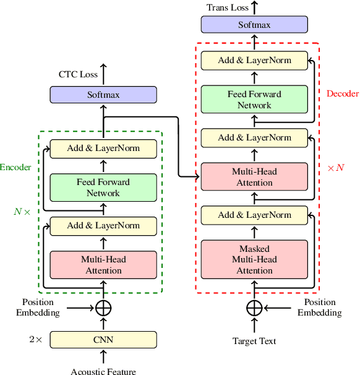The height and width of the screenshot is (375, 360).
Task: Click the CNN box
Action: (103, 339)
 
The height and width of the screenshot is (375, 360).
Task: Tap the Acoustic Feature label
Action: (103, 371)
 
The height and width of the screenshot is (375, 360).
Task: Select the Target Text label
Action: (254, 341)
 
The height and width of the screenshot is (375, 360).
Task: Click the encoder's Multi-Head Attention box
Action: (103, 265)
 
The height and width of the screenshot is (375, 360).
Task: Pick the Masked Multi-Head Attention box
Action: (254, 259)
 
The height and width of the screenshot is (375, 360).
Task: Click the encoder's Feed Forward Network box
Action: (103, 187)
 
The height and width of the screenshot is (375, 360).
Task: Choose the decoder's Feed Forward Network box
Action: (254, 100)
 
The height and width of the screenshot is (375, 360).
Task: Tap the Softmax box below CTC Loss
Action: (103, 95)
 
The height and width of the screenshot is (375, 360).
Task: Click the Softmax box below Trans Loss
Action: (254, 25)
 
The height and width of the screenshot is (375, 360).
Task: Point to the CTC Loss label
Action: (78, 75)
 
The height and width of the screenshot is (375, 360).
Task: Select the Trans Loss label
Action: (228, 7)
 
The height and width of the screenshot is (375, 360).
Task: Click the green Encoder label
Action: (16, 167)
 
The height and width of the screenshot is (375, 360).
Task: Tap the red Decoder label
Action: (342, 94)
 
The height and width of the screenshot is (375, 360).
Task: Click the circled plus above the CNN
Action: (103, 308)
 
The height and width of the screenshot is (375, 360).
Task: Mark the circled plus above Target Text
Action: (254, 308)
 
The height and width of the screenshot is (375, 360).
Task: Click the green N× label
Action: (22, 211)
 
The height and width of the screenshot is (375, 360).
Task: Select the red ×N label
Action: (335, 168)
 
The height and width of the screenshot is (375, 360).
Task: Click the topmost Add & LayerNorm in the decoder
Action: (254, 61)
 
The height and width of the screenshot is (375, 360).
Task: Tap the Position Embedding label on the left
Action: (41, 308)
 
